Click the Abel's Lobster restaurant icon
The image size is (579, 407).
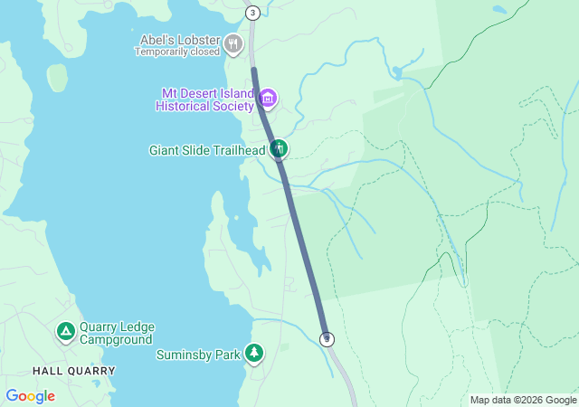click(x=234, y=43)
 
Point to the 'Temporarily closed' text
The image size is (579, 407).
click(x=177, y=52)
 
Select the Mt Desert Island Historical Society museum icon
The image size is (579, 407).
click(x=269, y=98)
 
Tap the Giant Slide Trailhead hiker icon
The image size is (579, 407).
click(x=279, y=148)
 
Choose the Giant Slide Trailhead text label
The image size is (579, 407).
click(x=207, y=149)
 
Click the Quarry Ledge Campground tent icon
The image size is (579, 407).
click(x=65, y=332)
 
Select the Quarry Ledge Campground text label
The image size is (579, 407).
click(x=117, y=333)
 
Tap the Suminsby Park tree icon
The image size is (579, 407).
click(x=255, y=353)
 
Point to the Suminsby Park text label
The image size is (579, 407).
click(x=198, y=355)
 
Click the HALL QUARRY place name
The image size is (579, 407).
click(x=74, y=371)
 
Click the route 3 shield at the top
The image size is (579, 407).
click(x=252, y=13)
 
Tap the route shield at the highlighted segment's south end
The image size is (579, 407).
click(x=327, y=339)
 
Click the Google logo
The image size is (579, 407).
click(x=30, y=396)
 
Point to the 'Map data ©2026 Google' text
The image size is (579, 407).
click(x=523, y=400)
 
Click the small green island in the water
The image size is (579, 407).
click(x=58, y=78)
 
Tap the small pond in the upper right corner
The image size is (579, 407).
click(x=499, y=10)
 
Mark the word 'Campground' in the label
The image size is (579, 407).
click(x=117, y=339)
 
